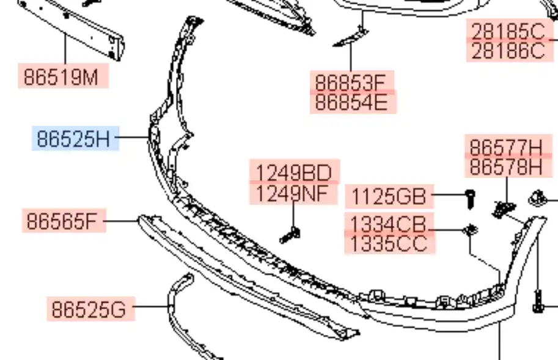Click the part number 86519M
pos(61,76)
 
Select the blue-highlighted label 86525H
pos(74,138)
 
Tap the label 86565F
pos(62,221)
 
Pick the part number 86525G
pos(89,309)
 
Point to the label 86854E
pos(352,103)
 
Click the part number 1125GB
pos(389,196)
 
